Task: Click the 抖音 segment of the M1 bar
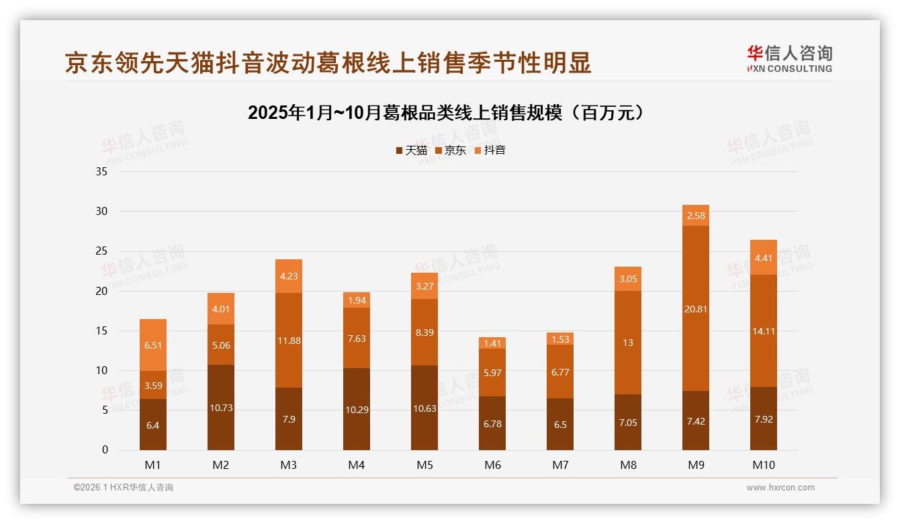[x=153, y=345]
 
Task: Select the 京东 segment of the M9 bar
[x=696, y=308]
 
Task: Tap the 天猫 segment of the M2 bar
[x=221, y=407]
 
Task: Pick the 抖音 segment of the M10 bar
[x=764, y=257]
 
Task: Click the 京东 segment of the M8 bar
[x=628, y=342]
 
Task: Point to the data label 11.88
[x=289, y=341]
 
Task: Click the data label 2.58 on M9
[x=696, y=216]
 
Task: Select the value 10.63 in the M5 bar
[x=424, y=408]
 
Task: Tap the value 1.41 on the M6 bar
[x=492, y=343]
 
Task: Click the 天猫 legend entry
[x=412, y=150]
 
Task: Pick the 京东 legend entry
[x=451, y=150]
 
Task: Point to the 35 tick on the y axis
[x=101, y=171]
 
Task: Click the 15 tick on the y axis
[x=101, y=331]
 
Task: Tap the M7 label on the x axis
[x=560, y=465]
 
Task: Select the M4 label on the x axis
[x=357, y=465]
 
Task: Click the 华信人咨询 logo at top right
[x=789, y=59]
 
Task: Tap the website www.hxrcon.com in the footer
[x=780, y=488]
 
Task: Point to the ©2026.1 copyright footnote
[x=124, y=488]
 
